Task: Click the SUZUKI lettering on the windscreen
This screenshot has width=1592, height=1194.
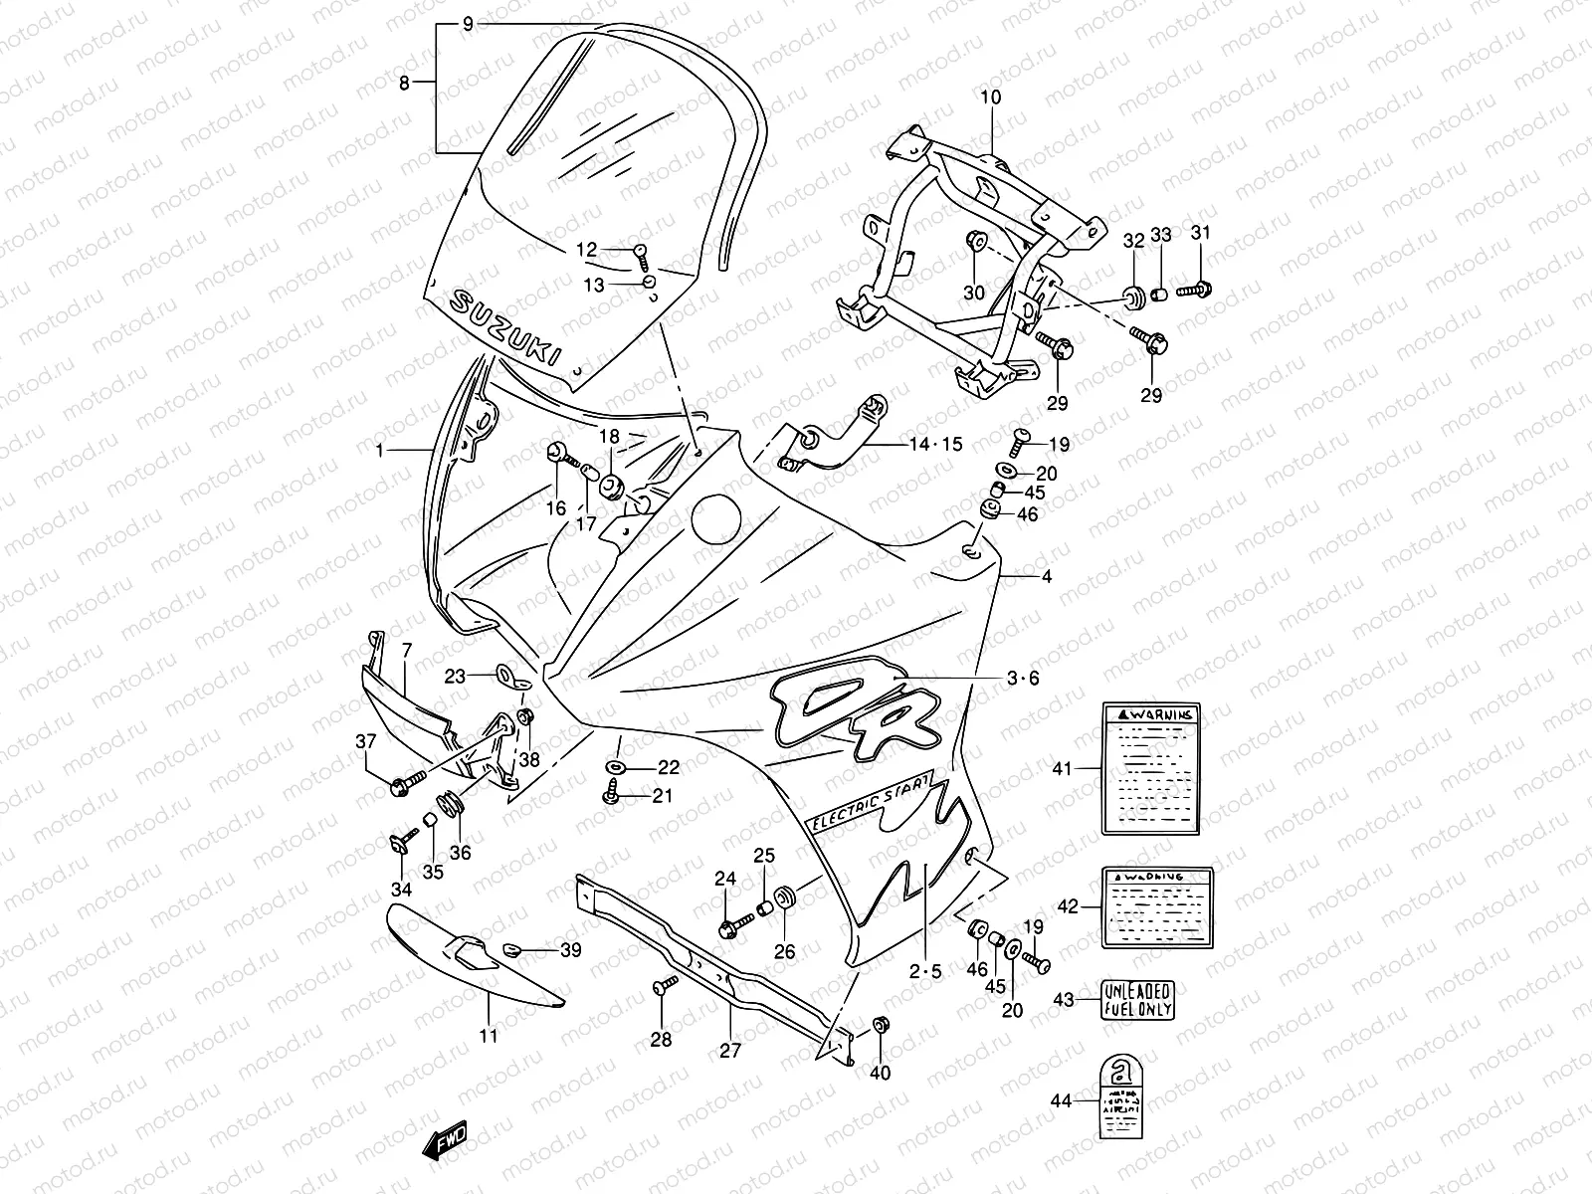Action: [x=505, y=328]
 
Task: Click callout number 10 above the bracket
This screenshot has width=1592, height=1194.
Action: [x=991, y=98]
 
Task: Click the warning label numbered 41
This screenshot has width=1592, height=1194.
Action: [x=1150, y=768]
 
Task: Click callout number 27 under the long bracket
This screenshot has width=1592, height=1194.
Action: [x=730, y=1050]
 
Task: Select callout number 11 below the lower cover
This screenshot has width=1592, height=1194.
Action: [x=489, y=1036]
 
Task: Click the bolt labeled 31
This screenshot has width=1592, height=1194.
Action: [x=1196, y=291]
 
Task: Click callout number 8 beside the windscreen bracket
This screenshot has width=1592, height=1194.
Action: [x=404, y=84]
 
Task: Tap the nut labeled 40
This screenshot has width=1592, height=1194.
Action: [x=880, y=1026]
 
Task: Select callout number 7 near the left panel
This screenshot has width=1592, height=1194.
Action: [x=406, y=651]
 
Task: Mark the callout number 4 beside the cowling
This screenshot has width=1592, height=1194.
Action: [x=1046, y=576]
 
